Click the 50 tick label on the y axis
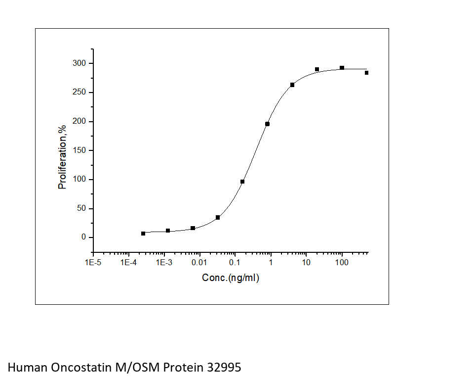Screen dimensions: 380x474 click(x=82, y=208)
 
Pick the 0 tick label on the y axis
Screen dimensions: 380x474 click(x=84, y=237)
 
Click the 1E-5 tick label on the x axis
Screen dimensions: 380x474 click(x=93, y=262)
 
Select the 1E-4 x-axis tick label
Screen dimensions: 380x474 click(x=128, y=262)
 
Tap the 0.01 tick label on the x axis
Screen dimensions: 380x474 click(x=199, y=262)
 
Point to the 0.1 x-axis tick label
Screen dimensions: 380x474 click(x=235, y=262)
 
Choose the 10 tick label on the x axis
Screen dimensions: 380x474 click(x=306, y=262)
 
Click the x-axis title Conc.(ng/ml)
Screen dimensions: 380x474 click(x=231, y=278)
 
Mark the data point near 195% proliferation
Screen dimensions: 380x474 click(x=268, y=124)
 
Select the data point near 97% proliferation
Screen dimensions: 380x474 click(x=242, y=182)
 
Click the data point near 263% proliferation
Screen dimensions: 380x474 click(x=292, y=85)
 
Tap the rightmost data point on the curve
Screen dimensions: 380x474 click(x=366, y=73)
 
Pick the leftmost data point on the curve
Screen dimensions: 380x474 click(x=143, y=234)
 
